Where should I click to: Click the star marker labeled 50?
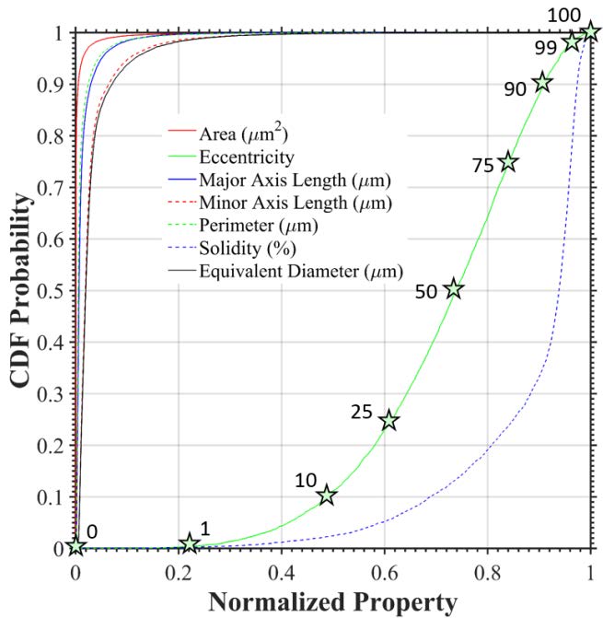[453, 289]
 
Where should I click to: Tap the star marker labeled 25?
[389, 420]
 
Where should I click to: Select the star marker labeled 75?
[507, 162]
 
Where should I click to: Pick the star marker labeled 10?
[326, 496]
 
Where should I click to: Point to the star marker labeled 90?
[542, 83]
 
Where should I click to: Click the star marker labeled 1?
[190, 543]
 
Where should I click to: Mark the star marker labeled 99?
[572, 41]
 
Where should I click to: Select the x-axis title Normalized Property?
[332, 602]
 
